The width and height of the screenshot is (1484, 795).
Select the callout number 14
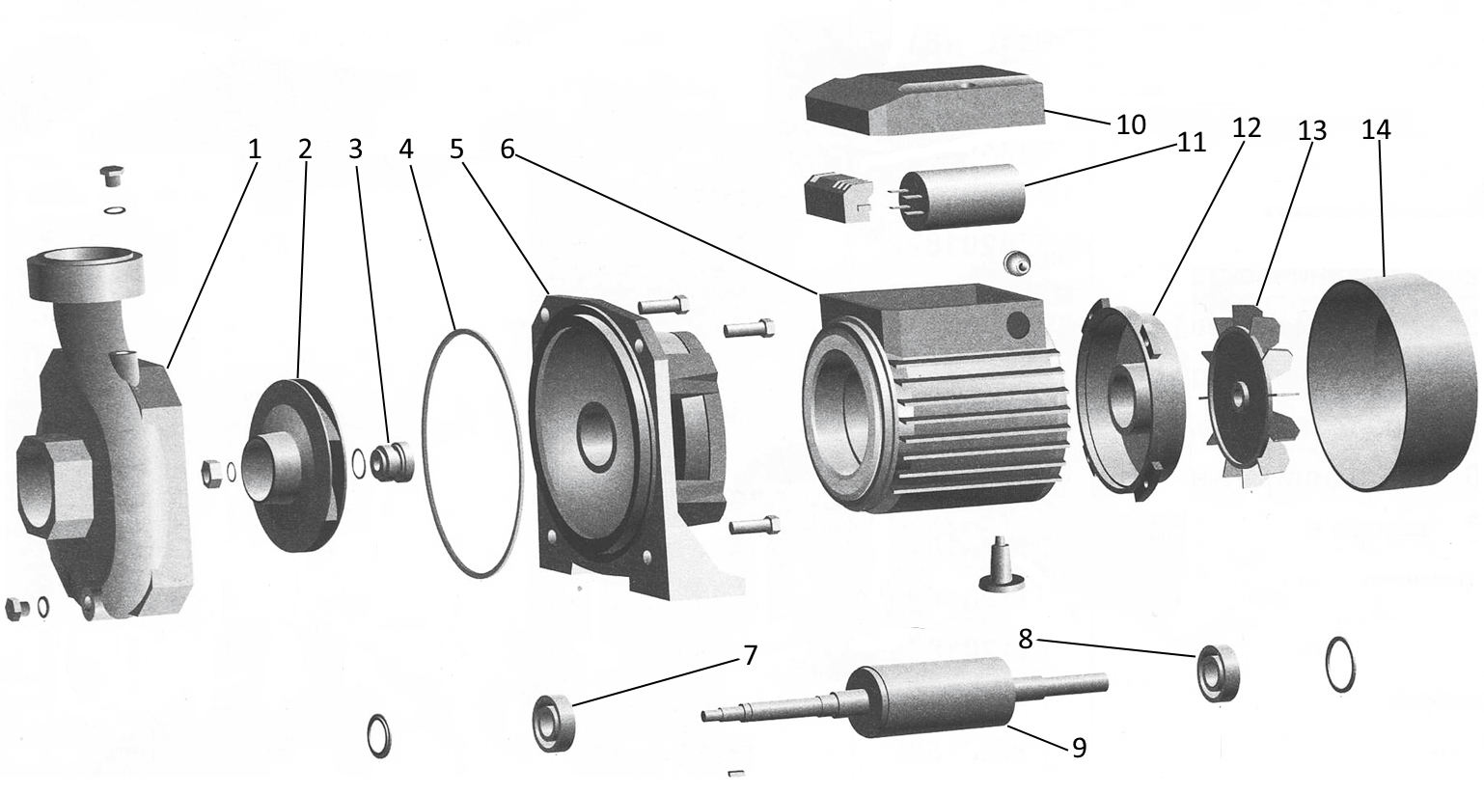click(x=1376, y=130)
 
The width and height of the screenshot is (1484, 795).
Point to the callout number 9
click(x=1079, y=747)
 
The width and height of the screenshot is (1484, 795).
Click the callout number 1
click(x=254, y=150)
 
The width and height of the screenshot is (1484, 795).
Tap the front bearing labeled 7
click(x=554, y=723)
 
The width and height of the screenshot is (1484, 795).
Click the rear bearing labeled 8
click(x=1218, y=674)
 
